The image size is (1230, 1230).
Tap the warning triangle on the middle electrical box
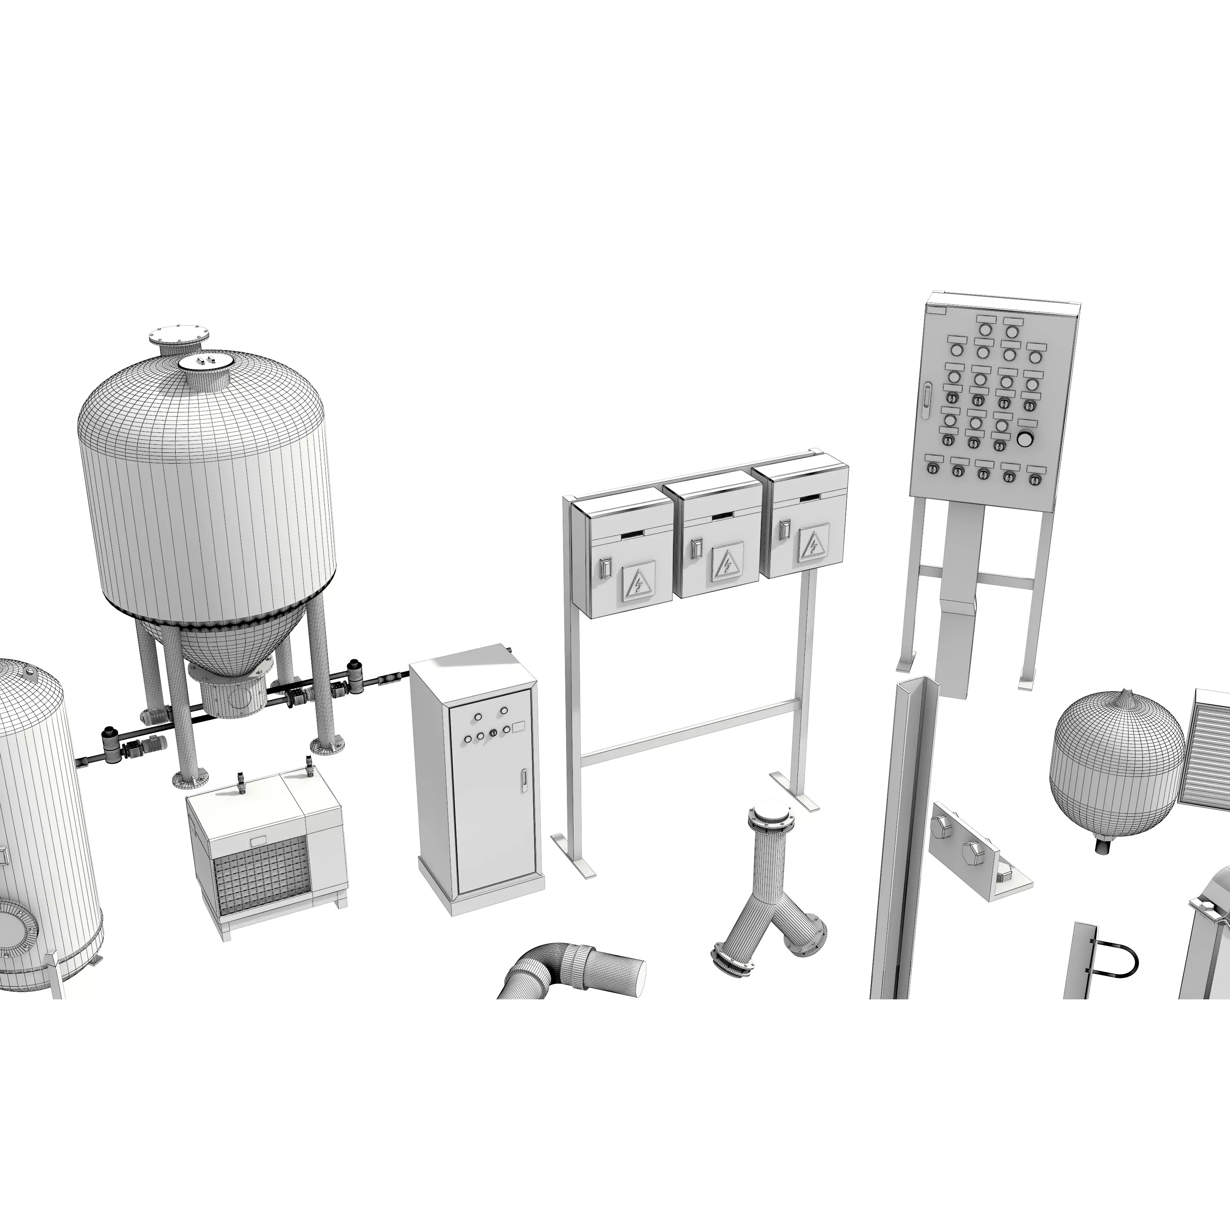725,563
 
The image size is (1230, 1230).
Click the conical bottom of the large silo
210,643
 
